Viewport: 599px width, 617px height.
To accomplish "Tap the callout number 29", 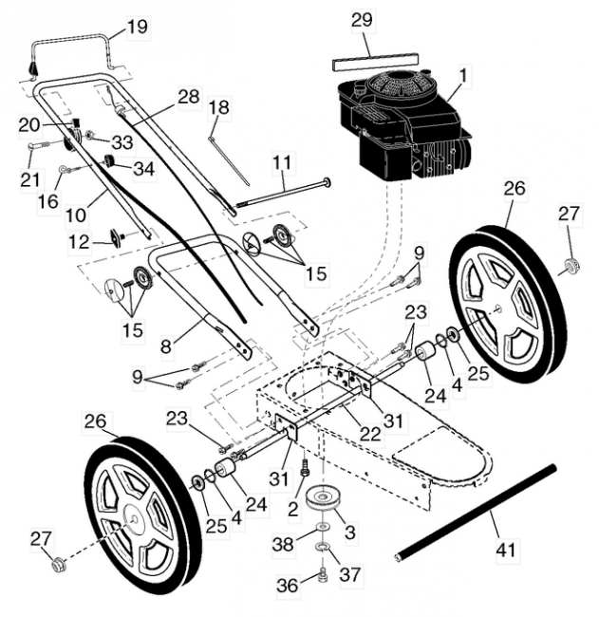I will [x=362, y=19].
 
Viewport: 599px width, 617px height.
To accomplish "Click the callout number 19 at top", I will [x=138, y=27].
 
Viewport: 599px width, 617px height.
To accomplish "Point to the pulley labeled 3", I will [x=323, y=498].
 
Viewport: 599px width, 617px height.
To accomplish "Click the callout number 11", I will [x=282, y=162].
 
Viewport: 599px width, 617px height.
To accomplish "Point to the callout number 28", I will [x=188, y=96].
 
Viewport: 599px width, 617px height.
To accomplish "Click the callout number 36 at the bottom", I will [x=285, y=587].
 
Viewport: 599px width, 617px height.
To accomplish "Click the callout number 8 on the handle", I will [x=166, y=347].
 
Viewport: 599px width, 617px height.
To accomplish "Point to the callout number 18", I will [x=218, y=108].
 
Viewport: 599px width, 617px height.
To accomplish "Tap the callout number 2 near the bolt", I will [x=294, y=510].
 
